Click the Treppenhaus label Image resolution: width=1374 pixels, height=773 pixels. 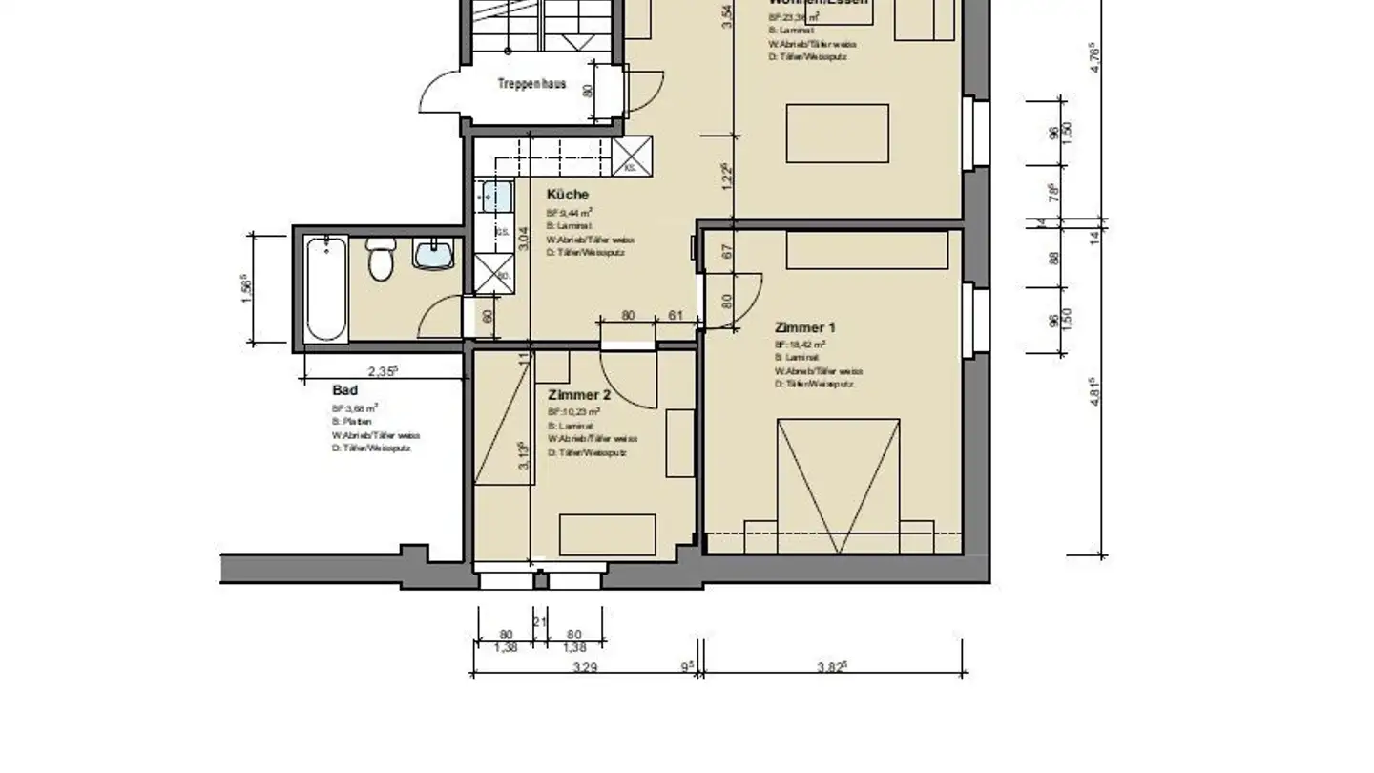[x=531, y=84]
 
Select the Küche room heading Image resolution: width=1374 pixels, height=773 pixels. [x=567, y=195]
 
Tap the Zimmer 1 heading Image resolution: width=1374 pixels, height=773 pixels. [x=804, y=327]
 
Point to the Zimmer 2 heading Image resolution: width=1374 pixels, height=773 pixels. [x=579, y=395]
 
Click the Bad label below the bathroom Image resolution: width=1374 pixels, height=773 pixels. [x=344, y=390]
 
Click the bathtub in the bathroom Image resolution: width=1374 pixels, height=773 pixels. [x=326, y=288]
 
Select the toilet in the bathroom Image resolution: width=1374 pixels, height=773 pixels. [x=381, y=260]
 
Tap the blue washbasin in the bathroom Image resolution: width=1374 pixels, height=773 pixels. [x=433, y=254]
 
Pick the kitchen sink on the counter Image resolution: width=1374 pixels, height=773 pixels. [x=496, y=198]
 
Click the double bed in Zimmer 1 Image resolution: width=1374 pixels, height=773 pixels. [x=838, y=485]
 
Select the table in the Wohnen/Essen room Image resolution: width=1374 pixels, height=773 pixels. [x=837, y=134]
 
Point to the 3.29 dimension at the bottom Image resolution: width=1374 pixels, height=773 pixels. [x=584, y=668]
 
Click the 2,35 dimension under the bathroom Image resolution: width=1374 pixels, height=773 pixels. [x=382, y=372]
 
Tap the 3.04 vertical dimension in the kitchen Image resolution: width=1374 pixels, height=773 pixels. [x=522, y=239]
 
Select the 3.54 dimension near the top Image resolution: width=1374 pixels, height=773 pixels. [x=727, y=17]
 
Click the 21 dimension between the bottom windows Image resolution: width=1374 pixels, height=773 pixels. [x=539, y=622]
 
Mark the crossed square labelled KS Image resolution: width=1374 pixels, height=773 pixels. [x=632, y=156]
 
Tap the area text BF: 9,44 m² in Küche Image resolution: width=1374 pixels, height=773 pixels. [x=570, y=213]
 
